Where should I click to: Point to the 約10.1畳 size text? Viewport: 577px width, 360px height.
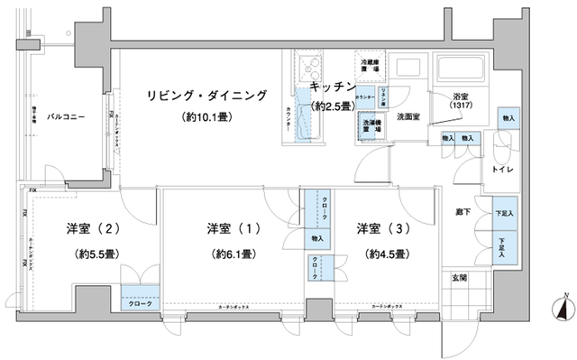coord(208,117)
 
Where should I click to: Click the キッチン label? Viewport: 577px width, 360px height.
coord(331,87)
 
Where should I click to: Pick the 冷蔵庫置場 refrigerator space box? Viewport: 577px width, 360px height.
coord(370,65)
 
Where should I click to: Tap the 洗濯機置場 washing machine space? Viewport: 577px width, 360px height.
coord(370,126)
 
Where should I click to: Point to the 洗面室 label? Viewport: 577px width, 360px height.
coord(413,116)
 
